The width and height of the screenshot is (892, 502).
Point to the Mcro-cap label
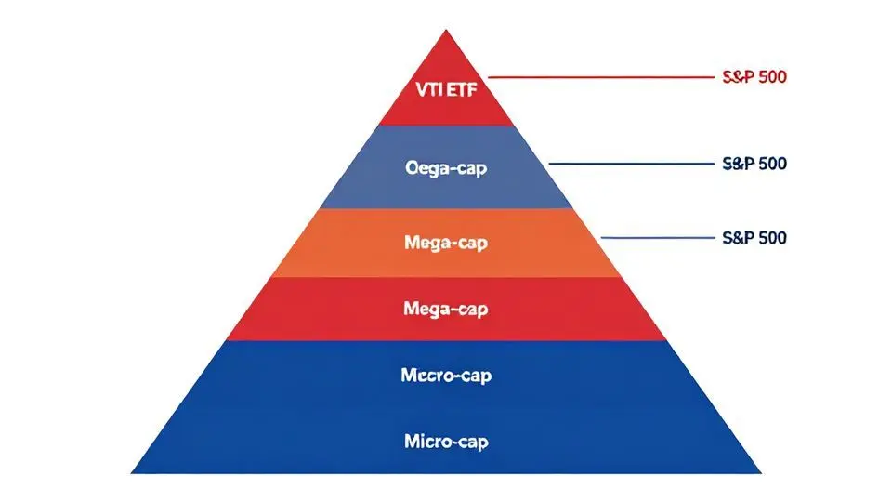pos(446,376)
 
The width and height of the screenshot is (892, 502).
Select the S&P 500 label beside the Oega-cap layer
pos(754,164)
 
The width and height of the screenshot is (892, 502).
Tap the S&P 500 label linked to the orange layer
pos(754,238)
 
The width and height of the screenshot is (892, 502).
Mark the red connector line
pos(595,77)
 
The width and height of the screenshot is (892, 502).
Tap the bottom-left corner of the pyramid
pos(133,471)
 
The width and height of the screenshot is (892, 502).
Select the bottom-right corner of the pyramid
pos(760,471)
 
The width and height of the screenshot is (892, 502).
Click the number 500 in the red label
pos(771,77)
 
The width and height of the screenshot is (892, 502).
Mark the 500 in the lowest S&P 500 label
pos(771,238)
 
